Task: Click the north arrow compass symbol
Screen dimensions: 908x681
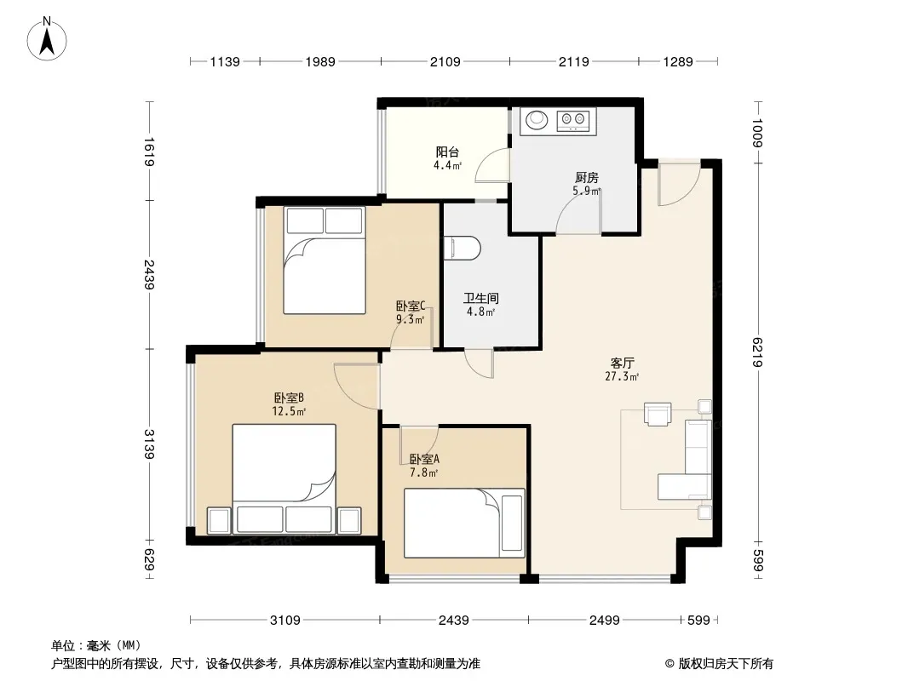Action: (x=47, y=39)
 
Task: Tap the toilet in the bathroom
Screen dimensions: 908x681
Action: (x=463, y=248)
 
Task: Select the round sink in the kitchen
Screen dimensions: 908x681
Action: (x=537, y=120)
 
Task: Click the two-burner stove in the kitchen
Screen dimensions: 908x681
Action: (x=572, y=120)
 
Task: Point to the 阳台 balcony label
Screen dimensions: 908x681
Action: (x=448, y=152)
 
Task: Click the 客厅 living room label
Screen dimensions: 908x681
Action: (x=623, y=363)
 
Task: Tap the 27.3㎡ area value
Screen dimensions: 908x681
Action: (x=622, y=376)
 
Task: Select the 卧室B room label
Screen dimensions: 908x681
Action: (x=289, y=398)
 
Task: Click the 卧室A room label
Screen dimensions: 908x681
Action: (x=424, y=460)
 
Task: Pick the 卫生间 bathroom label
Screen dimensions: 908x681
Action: (x=480, y=299)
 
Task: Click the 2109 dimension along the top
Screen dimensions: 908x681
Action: (x=445, y=61)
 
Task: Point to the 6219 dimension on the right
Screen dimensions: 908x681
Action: (x=758, y=352)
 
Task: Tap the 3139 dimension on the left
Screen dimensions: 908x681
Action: (x=149, y=444)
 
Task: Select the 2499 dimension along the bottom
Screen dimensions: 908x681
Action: (x=605, y=621)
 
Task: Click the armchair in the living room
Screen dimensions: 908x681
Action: (x=658, y=415)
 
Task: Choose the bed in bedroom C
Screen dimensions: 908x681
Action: (x=325, y=260)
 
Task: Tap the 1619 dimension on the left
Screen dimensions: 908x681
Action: (x=149, y=151)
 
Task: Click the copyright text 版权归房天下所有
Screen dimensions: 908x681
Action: (x=726, y=664)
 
